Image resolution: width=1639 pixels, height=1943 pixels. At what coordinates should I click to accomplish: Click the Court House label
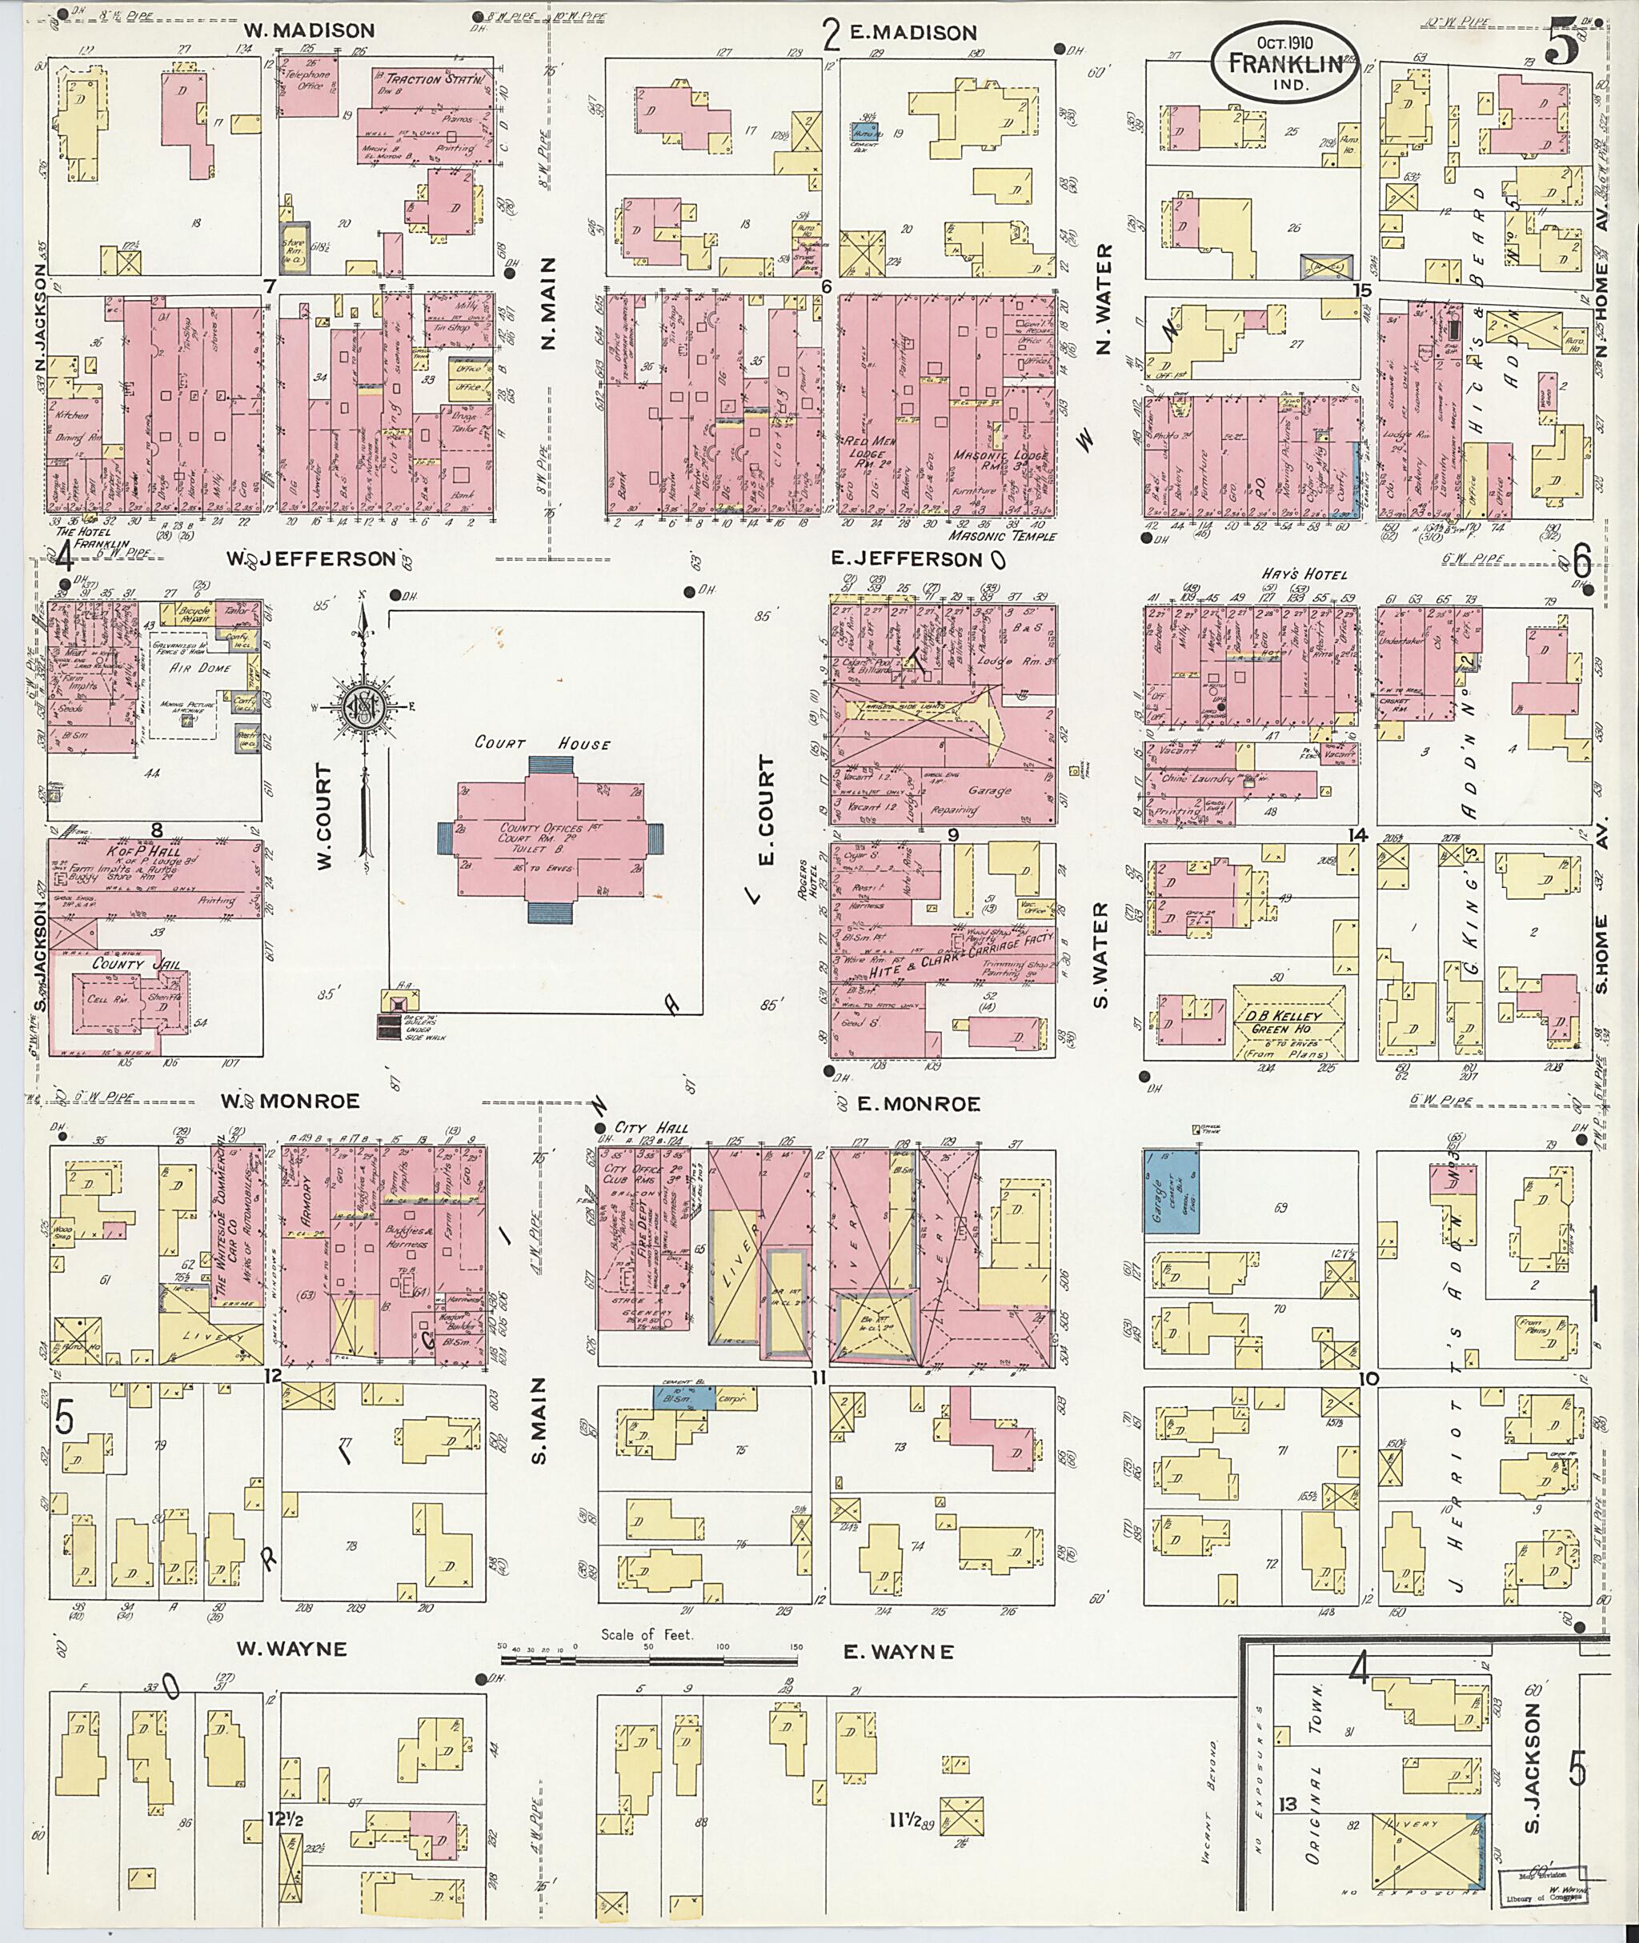pos(543,743)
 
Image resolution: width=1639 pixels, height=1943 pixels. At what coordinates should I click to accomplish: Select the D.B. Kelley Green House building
pos(1288,1022)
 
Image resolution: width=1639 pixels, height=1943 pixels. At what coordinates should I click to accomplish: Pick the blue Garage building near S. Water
pos(1169,1192)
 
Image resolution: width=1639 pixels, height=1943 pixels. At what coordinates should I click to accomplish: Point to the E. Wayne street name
pos(898,1653)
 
